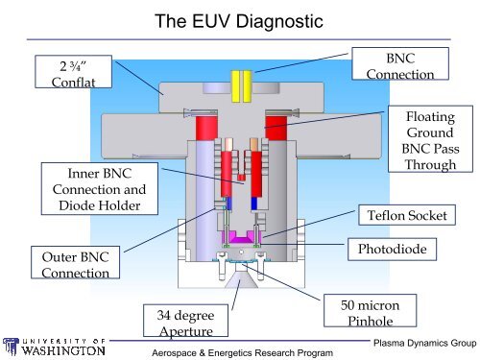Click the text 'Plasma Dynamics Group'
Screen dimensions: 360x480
422,343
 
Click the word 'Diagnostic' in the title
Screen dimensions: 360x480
284,22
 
